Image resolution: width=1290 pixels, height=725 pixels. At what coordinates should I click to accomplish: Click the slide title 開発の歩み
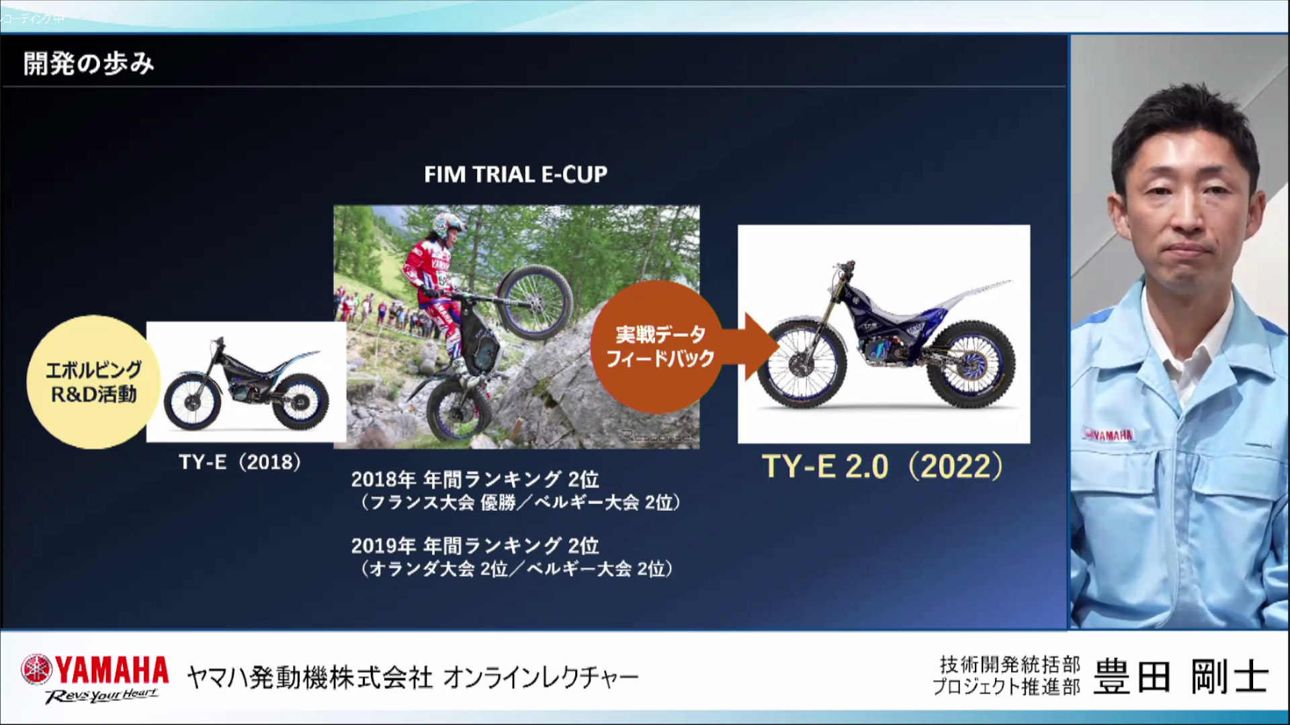point(89,64)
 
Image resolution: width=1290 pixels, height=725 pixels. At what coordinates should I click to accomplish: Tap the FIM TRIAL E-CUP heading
point(515,175)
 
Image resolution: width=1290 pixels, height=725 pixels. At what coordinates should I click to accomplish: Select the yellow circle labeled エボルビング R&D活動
point(93,381)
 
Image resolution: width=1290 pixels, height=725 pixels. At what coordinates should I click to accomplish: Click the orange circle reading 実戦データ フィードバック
point(659,346)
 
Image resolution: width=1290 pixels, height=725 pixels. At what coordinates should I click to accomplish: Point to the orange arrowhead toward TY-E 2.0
point(761,346)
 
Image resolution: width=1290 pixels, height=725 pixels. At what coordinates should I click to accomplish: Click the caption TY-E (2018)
point(240,462)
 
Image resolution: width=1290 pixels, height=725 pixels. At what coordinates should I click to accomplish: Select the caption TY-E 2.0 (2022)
point(882,467)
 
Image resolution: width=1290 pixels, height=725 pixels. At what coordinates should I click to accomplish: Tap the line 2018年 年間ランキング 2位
point(474,479)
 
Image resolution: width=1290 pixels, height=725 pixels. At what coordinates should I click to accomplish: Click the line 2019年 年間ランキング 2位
point(474,545)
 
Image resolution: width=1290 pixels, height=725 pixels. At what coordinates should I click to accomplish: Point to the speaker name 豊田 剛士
point(1181,676)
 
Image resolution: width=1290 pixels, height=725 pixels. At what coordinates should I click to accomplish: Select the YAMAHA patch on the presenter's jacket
point(1109,435)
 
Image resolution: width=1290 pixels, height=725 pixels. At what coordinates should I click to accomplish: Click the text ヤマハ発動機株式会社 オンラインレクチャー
point(412,678)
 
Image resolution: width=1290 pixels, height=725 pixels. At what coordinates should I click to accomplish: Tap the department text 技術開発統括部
point(1009,664)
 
